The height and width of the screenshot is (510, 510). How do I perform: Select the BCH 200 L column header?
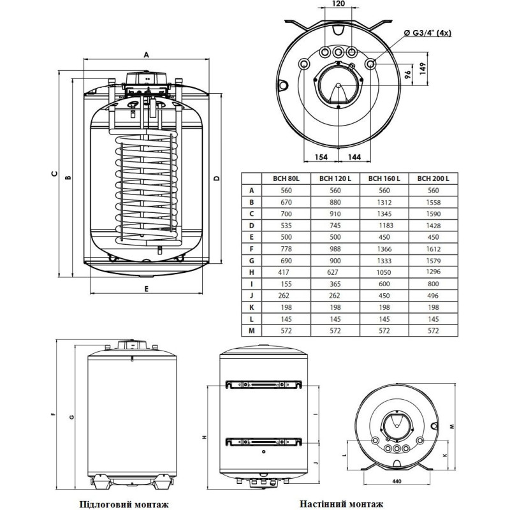pyautogui.click(x=433, y=179)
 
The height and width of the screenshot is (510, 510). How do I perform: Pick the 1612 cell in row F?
pyautogui.click(x=433, y=248)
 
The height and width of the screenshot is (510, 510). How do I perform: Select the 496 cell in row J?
pyautogui.click(x=433, y=295)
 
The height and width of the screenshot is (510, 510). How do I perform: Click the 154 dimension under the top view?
pyautogui.click(x=321, y=156)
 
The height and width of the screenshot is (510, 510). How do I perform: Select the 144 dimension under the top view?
pyautogui.click(x=356, y=156)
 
